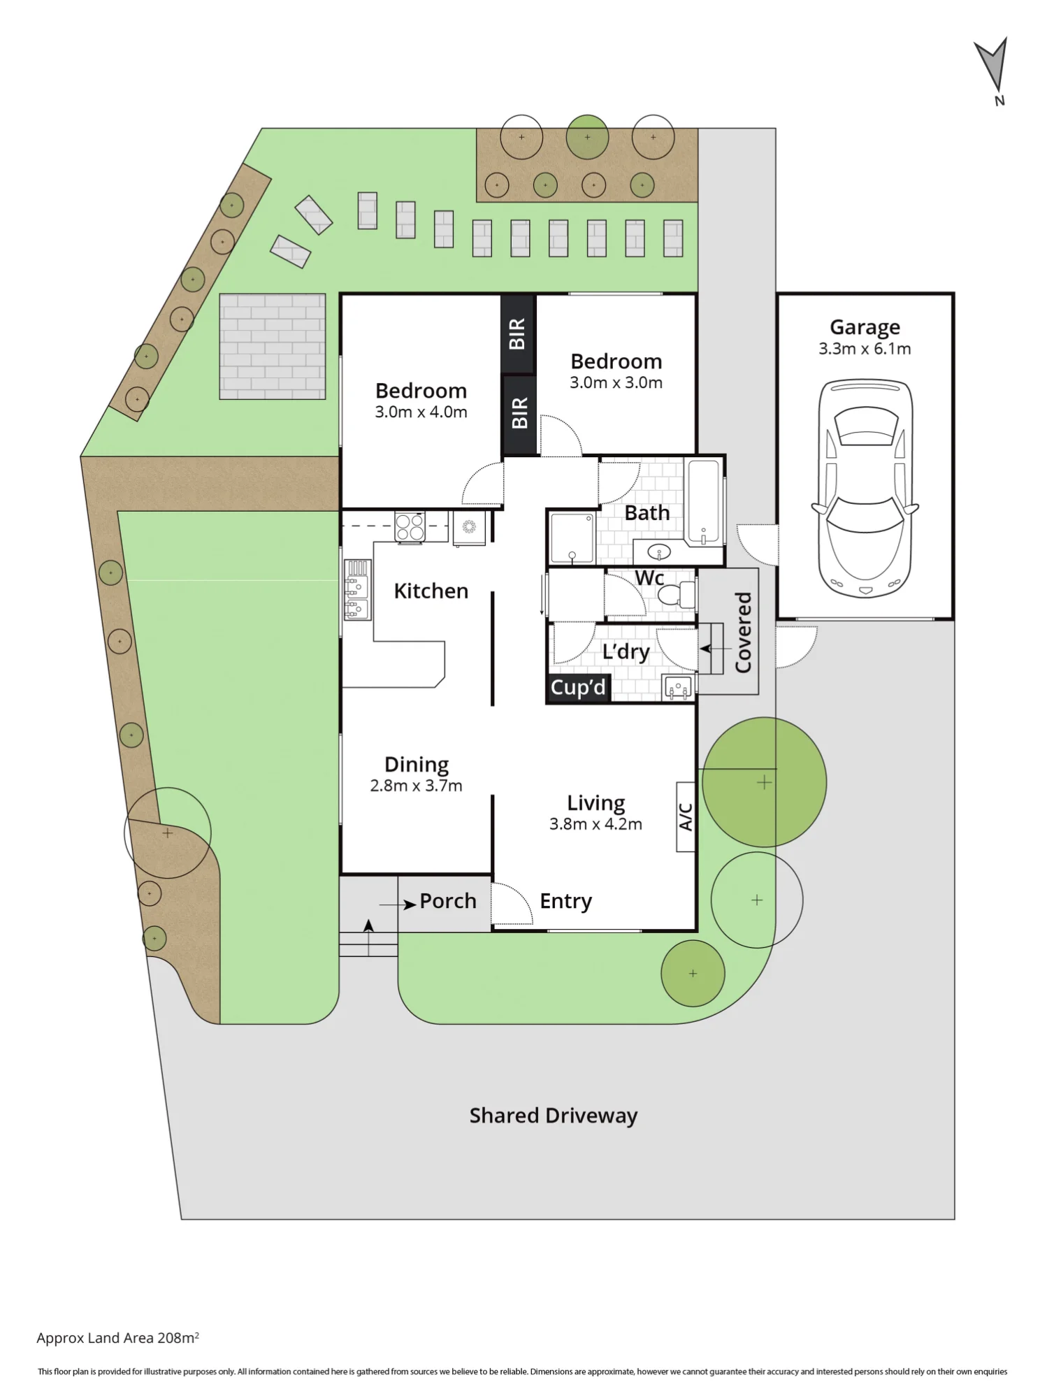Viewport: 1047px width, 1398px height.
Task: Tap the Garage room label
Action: [865, 327]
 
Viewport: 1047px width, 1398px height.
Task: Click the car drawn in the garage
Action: [865, 489]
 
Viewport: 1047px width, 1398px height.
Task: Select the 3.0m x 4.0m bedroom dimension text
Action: [421, 412]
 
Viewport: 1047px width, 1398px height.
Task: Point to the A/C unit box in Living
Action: [686, 816]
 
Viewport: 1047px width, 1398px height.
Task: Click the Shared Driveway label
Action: [553, 1116]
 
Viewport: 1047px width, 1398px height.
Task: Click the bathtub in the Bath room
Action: [704, 502]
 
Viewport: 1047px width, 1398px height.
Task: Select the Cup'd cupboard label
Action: [578, 688]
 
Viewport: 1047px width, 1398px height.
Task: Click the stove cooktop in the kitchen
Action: [410, 527]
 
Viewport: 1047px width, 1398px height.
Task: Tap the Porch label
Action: [448, 901]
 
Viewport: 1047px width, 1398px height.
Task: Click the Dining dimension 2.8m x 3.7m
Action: [416, 786]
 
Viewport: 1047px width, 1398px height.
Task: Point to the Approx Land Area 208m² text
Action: [117, 1338]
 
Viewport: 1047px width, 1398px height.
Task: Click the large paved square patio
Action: [273, 346]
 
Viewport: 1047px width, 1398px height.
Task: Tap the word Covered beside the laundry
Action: [743, 633]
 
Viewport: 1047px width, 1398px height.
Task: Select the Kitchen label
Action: [431, 591]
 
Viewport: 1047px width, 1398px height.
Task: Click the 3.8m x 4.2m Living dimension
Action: [595, 824]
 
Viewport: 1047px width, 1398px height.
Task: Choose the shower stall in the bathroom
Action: [572, 538]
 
